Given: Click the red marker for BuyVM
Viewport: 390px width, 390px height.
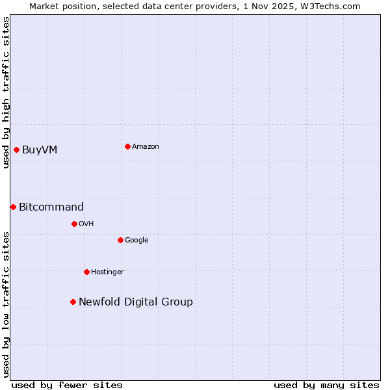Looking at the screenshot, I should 16,150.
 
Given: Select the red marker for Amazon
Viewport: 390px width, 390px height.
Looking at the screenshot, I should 127,146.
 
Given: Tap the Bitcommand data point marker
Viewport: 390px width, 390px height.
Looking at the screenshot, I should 13,207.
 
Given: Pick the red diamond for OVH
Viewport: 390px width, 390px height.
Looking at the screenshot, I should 74,224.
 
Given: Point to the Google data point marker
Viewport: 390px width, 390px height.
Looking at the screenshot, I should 120,240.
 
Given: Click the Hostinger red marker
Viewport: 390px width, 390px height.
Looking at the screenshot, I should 86,272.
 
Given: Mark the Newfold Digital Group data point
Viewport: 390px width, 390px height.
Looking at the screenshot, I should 73,302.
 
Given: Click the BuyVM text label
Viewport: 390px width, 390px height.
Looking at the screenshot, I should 40,150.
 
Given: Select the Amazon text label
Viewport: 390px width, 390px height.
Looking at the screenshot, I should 145,146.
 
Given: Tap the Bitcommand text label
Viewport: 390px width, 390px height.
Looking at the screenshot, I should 51,207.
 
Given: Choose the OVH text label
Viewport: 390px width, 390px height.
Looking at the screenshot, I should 86,224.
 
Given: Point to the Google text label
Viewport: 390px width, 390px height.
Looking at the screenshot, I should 136,240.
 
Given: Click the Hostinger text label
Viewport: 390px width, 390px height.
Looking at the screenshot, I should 107,272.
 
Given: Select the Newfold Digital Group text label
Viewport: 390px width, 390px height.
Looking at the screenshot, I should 136,302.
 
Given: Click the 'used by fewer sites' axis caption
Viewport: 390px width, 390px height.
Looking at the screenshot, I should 67,385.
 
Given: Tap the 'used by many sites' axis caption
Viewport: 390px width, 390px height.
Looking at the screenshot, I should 326,385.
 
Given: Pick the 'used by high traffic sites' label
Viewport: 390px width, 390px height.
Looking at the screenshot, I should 6,92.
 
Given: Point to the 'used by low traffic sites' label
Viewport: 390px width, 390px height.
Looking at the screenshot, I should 6,304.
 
